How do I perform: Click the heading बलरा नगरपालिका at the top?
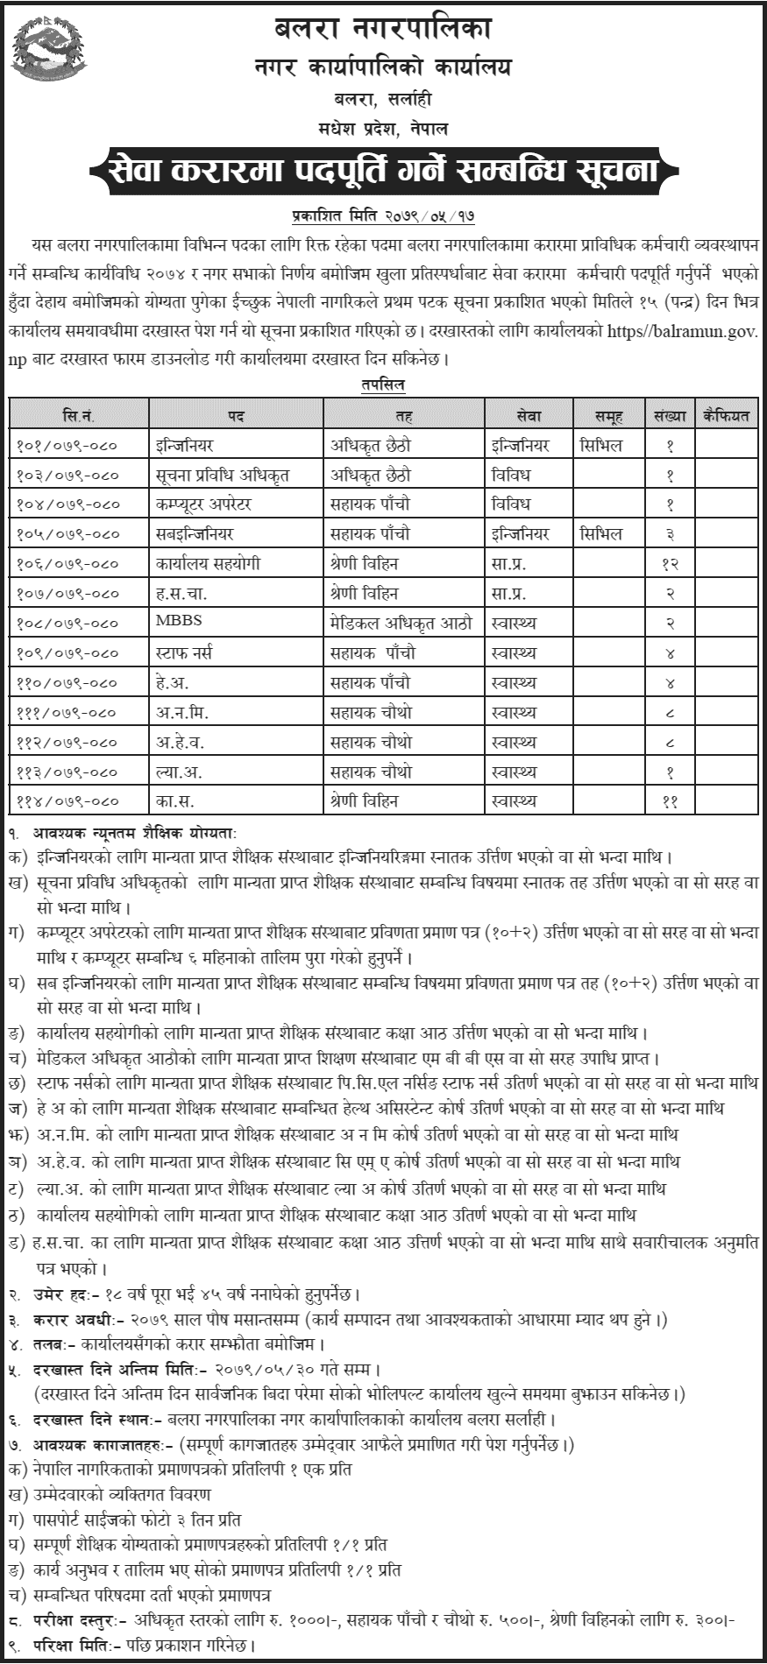click(x=383, y=29)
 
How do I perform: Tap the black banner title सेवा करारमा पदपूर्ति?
click(x=382, y=171)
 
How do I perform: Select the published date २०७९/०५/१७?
click(x=426, y=215)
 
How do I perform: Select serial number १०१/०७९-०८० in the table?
click(x=67, y=446)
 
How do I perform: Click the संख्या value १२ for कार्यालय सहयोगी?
click(x=671, y=564)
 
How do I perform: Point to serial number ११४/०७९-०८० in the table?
click(x=67, y=800)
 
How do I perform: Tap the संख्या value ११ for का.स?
click(x=671, y=800)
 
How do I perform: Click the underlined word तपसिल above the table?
click(x=382, y=384)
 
